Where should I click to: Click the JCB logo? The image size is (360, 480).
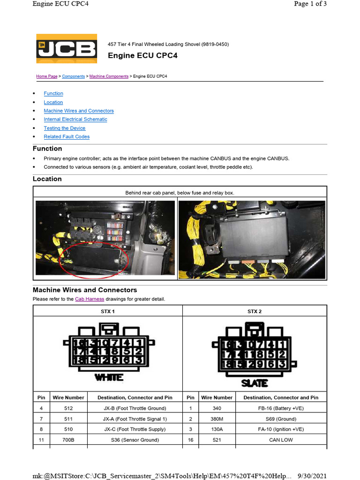click(67, 49)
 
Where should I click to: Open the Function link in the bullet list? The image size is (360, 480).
click(53, 94)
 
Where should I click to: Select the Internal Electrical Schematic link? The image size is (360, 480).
click(75, 120)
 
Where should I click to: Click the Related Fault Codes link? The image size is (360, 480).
click(67, 137)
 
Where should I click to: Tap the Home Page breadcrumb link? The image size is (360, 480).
click(47, 76)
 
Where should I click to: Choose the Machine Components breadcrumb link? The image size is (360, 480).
click(109, 76)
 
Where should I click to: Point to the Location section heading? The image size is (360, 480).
click(47, 179)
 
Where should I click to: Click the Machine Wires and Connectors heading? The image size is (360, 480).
click(85, 290)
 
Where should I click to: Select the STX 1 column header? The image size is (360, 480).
click(108, 311)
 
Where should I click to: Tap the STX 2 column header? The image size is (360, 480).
click(255, 311)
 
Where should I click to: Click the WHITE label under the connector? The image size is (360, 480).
click(109, 377)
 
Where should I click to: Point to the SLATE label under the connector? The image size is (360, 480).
click(255, 383)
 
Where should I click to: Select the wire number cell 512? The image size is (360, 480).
click(68, 408)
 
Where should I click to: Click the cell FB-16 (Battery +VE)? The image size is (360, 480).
click(281, 408)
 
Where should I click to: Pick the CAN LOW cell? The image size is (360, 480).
click(281, 440)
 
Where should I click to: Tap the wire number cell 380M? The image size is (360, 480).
click(217, 419)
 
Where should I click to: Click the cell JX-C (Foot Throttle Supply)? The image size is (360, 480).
click(135, 429)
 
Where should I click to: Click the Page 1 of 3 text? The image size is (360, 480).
click(310, 4)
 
